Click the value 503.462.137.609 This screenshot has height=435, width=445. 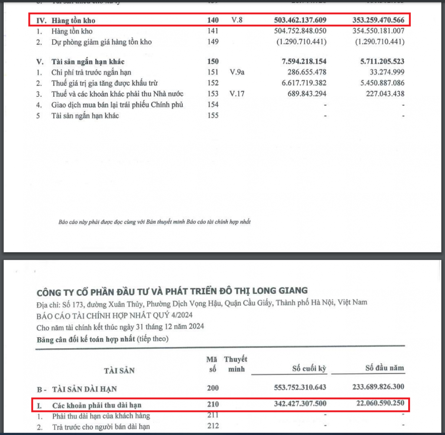pyautogui.click(x=300, y=20)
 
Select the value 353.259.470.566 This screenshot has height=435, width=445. pyautogui.click(x=378, y=20)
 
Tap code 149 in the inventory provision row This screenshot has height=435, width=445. pyautogui.click(x=213, y=42)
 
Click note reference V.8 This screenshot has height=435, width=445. pyautogui.click(x=237, y=20)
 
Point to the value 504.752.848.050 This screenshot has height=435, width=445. pyautogui.click(x=300, y=31)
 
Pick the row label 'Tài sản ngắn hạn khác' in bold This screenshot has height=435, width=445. pyautogui.click(x=88, y=62)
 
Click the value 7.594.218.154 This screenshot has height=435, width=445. pyautogui.click(x=304, y=62)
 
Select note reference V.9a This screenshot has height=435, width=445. pyautogui.click(x=237, y=72)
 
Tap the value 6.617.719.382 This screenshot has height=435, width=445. pyautogui.click(x=304, y=83)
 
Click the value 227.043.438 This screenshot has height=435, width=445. pyautogui.click(x=385, y=94)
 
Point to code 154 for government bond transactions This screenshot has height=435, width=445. pyautogui.click(x=213, y=105)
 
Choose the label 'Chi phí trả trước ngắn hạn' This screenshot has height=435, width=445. pyautogui.click(x=91, y=72)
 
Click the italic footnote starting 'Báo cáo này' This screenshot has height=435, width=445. pyautogui.click(x=155, y=222)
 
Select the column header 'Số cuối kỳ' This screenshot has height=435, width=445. pyautogui.click(x=309, y=369)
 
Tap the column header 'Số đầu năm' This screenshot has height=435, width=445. pyautogui.click(x=385, y=368)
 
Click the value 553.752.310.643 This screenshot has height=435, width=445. pyautogui.click(x=300, y=387)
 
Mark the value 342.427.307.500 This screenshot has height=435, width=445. pyautogui.click(x=300, y=404)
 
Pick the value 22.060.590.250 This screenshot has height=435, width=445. pyautogui.click(x=380, y=403)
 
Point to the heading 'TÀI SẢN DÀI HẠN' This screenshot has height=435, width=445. pyautogui.click(x=85, y=389)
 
